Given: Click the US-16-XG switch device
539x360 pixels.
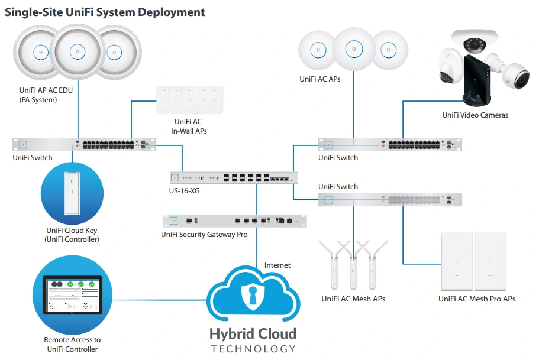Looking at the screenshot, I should tap(234, 177).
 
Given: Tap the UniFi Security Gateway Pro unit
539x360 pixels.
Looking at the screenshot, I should tap(235, 220).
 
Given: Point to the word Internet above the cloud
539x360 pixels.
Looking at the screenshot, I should tap(277, 265).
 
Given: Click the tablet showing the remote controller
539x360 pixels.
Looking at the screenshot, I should tap(72, 294).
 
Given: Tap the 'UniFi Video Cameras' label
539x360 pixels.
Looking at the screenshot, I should tap(475, 115).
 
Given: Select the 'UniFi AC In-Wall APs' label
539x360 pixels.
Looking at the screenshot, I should tap(189, 126).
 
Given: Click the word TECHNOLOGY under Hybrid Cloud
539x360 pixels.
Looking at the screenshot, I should tap(253, 349).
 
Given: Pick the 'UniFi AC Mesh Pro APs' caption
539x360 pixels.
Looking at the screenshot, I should tap(477, 299).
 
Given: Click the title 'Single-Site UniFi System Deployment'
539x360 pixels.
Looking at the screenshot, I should tap(105, 12).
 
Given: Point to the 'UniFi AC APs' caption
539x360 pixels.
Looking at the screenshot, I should tap(320, 79).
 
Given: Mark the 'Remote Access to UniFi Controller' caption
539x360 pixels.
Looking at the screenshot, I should tap(72, 345).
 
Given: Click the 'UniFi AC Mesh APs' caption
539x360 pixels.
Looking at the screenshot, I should tap(353, 299).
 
